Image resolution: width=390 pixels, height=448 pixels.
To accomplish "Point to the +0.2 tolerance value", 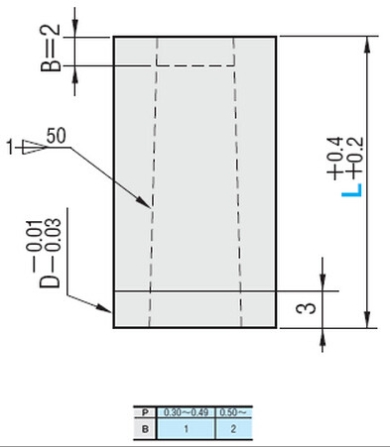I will coord(349,158).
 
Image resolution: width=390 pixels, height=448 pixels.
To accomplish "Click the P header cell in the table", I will coord(147,410).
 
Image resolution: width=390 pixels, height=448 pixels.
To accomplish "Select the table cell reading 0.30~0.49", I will coord(188,410).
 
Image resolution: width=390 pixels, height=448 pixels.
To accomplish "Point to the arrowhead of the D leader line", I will coord(109,308).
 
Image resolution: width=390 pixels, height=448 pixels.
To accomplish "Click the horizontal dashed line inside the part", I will coord(195,66).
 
